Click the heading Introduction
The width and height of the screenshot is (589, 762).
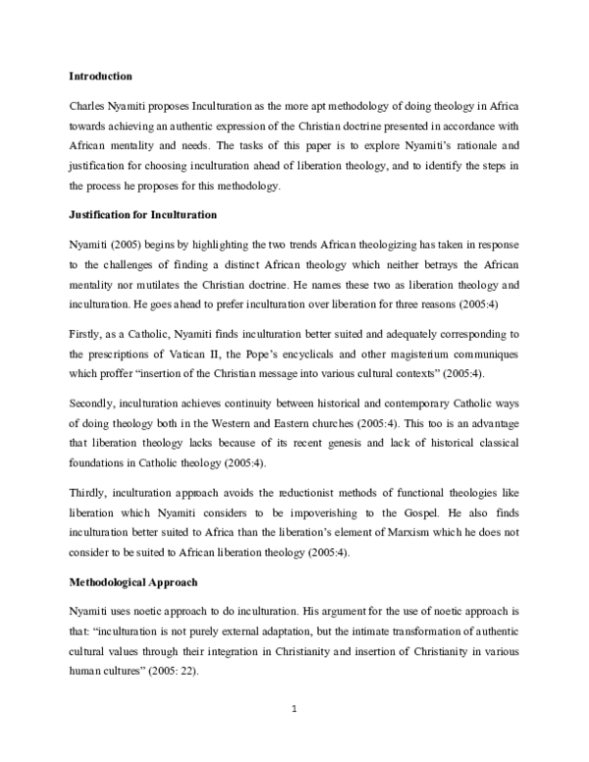click(x=100, y=76)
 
